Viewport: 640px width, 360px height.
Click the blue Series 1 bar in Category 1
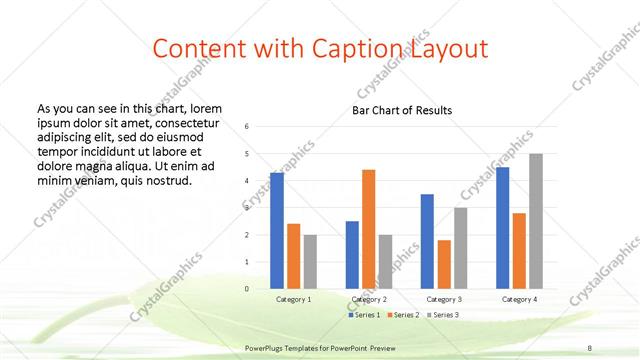click(277, 231)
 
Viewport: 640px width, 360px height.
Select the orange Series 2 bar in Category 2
click(368, 229)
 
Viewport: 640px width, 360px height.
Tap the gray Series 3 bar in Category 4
click(536, 221)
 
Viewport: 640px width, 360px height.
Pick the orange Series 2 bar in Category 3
click(444, 264)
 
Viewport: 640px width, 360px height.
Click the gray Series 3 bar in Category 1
click(310, 262)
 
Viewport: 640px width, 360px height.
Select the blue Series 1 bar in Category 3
click(427, 241)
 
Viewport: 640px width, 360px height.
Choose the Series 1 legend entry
click(364, 315)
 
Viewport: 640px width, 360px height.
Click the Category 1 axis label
click(294, 299)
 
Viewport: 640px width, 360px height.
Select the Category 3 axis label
click(444, 299)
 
